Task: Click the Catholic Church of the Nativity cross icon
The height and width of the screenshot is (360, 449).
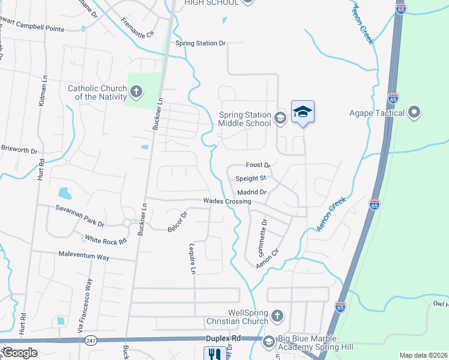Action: point(136,92)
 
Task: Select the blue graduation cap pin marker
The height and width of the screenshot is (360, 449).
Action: point(303,112)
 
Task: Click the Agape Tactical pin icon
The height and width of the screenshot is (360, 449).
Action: point(414,112)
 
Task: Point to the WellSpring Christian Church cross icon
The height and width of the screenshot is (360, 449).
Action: point(277,316)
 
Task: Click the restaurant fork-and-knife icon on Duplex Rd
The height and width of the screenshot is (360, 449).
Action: point(213,354)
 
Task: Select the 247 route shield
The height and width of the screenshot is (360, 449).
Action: point(90,340)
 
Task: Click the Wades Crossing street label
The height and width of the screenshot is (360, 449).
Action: point(227,201)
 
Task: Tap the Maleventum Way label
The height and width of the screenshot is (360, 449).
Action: point(84,256)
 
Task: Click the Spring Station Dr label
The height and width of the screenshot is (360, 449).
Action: point(200,43)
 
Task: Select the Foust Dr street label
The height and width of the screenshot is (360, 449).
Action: point(259,164)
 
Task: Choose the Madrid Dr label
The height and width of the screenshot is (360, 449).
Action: point(252,192)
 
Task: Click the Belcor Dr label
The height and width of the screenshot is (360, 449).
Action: point(178,220)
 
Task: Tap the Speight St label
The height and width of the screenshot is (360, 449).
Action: point(250,178)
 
